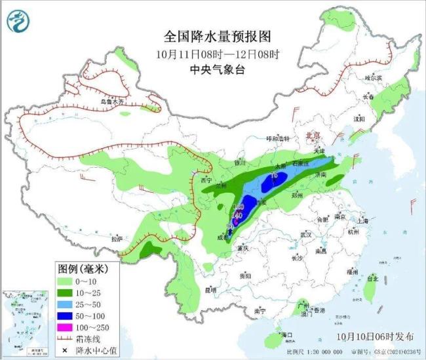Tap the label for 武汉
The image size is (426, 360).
click(305, 234)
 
